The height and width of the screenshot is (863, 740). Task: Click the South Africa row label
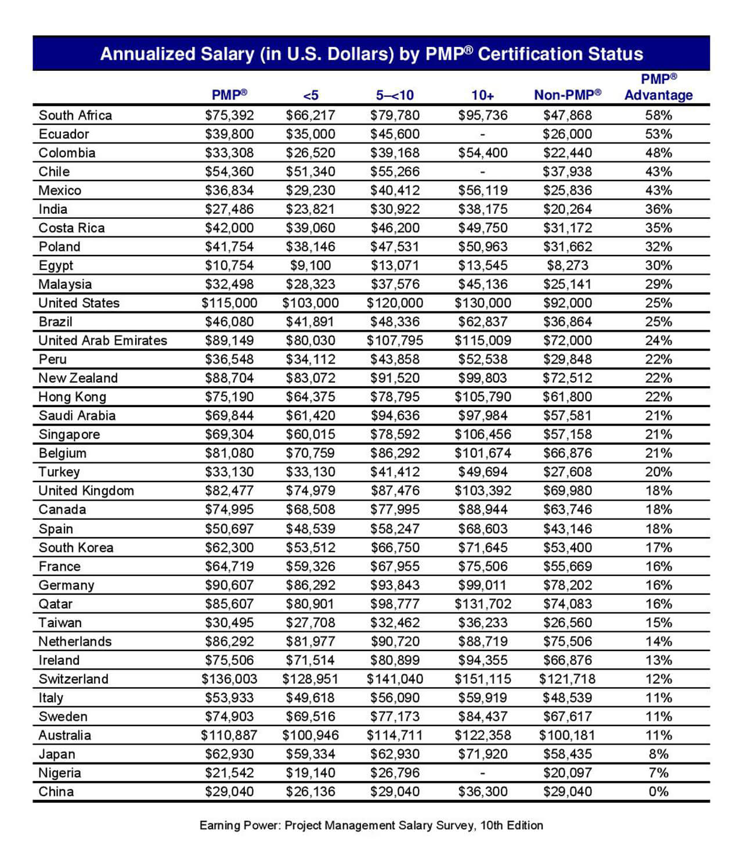click(x=75, y=115)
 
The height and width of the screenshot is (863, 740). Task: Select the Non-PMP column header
click(x=567, y=95)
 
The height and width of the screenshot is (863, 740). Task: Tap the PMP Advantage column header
click(x=658, y=87)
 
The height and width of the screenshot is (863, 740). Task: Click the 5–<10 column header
click(x=395, y=95)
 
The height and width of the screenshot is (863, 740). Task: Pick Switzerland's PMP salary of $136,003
click(x=229, y=679)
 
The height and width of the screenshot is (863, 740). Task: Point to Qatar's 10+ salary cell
click(x=482, y=604)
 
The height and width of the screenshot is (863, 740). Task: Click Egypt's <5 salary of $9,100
click(x=311, y=265)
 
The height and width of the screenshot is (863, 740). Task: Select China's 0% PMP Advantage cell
click(x=658, y=792)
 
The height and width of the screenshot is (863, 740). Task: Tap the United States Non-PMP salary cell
click(x=567, y=303)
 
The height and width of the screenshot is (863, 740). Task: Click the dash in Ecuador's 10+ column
click(x=482, y=134)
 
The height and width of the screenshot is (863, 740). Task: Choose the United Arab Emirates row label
click(x=103, y=340)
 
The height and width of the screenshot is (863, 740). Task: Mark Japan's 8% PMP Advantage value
click(x=658, y=754)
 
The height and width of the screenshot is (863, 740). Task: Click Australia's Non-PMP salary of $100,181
click(x=567, y=735)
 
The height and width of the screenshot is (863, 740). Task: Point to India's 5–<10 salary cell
click(x=395, y=209)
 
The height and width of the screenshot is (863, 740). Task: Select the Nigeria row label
click(x=60, y=773)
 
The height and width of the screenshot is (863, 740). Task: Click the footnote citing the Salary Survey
click(x=371, y=825)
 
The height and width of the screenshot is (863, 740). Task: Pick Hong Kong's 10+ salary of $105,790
click(x=482, y=397)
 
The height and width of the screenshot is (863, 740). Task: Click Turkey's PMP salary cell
click(x=229, y=472)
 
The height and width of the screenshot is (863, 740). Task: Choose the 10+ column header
click(x=482, y=95)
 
